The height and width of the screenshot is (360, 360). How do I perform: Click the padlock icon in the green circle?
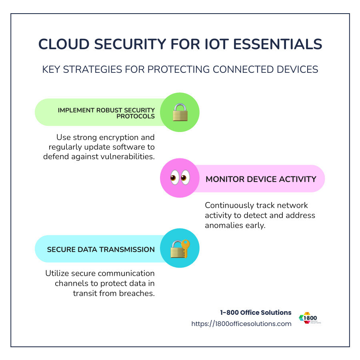coord(180,112)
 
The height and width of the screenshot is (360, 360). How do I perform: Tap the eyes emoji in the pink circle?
coord(180,178)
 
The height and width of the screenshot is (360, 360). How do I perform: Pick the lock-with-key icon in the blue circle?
coord(180,249)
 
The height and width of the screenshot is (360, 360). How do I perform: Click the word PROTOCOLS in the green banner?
coord(135,116)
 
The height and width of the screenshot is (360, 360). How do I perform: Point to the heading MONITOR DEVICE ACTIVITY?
coord(261,179)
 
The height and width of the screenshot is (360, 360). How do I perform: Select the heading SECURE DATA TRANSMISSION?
coord(101,249)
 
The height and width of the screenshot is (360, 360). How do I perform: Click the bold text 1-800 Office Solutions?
coord(256,312)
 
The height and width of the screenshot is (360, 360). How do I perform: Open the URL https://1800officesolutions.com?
coord(241,324)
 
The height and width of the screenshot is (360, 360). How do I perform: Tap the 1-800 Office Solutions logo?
coord(310,318)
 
